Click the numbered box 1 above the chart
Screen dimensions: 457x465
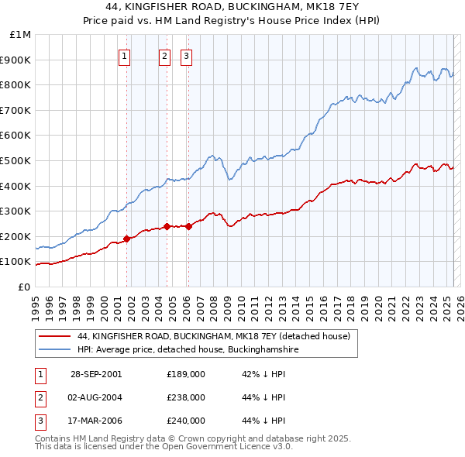[x=125, y=55]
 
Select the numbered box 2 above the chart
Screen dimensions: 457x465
[x=165, y=55]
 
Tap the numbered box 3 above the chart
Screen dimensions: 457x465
[x=187, y=55]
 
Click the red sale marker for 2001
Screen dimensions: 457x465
[x=127, y=239]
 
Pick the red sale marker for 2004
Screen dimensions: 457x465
[x=167, y=227]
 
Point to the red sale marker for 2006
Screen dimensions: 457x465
[x=188, y=226]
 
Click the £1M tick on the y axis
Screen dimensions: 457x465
[x=21, y=35]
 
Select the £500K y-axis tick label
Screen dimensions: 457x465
[x=16, y=160]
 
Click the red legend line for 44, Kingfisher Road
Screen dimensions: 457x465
[x=53, y=336]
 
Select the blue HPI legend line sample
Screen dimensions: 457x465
[x=53, y=350]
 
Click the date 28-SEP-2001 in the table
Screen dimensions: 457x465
[x=95, y=374]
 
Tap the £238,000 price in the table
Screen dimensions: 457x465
[x=186, y=397]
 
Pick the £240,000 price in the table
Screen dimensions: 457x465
[x=186, y=421]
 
